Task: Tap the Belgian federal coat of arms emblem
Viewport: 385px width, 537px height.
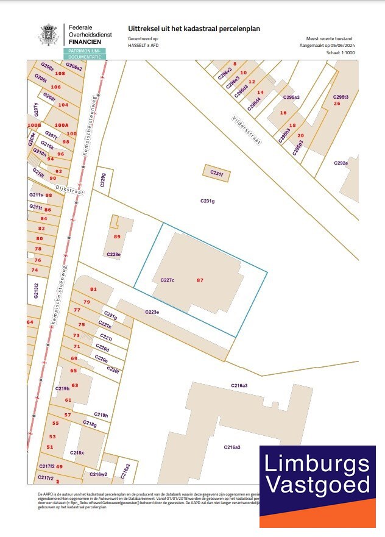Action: point(49,34)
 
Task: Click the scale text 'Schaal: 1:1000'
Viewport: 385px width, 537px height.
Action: point(341,53)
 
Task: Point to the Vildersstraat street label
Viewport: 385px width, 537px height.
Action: point(246,129)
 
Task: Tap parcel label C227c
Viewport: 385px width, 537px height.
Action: point(168,280)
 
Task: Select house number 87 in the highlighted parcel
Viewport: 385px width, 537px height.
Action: point(200,280)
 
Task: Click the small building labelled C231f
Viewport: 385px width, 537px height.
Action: point(217,174)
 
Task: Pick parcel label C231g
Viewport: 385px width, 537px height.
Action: point(208,201)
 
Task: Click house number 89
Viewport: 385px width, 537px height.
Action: point(117,236)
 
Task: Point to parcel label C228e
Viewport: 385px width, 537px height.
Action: point(114,254)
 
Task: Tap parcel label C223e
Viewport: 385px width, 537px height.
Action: point(152,312)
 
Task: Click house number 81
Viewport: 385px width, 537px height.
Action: point(93,289)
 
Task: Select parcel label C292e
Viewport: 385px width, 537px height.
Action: point(341,163)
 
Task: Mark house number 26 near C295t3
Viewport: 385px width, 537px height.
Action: point(337,104)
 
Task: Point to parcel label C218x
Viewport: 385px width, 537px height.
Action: point(77,453)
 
